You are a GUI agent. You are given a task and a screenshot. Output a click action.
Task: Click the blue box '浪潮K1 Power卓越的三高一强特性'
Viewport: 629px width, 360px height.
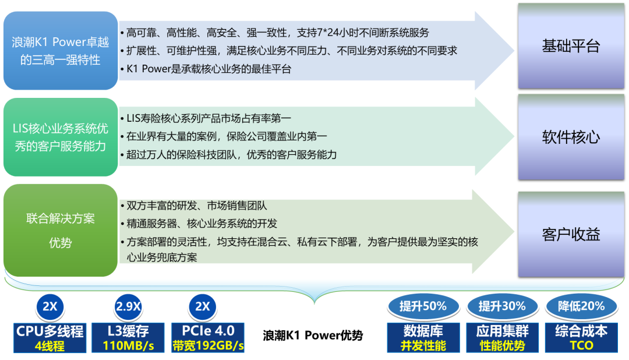[61, 51]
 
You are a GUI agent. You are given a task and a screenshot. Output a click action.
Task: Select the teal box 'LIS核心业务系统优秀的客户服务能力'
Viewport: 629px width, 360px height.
[61, 137]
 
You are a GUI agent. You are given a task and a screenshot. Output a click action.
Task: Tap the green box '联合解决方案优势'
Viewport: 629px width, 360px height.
[61, 230]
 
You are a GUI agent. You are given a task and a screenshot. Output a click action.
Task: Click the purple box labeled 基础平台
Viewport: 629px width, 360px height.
[571, 46]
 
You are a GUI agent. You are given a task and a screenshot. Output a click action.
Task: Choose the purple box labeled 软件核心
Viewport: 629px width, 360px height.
[571, 137]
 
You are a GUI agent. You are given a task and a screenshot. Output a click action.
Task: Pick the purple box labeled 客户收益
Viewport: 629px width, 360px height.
[571, 234]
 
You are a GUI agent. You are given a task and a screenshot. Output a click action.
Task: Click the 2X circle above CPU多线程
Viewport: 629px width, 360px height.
[50, 306]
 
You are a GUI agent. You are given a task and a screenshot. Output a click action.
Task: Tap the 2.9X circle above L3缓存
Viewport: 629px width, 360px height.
[128, 306]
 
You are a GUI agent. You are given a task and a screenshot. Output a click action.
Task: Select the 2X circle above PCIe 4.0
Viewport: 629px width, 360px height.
[203, 306]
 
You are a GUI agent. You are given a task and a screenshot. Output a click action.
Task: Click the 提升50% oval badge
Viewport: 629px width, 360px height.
[423, 306]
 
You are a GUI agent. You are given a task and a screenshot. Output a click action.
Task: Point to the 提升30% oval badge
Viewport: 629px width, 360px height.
[502, 306]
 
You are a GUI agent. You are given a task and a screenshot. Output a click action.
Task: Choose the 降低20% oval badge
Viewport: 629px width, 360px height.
[581, 306]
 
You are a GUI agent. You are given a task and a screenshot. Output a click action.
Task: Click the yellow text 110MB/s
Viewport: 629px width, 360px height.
[128, 345]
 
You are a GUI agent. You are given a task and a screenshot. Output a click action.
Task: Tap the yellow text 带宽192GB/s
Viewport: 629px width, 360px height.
[208, 345]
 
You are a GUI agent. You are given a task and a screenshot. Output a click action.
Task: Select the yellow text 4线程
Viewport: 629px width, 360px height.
[50, 345]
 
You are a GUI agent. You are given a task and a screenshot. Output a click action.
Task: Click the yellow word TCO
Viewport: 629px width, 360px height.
[581, 345]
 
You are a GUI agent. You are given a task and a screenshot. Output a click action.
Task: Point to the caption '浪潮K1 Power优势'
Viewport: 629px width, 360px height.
[313, 335]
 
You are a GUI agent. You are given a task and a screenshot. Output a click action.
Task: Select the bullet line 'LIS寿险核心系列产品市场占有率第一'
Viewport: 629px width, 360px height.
[206, 118]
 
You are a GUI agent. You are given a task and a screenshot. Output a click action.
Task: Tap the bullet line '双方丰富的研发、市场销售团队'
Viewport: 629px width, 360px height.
[194, 206]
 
